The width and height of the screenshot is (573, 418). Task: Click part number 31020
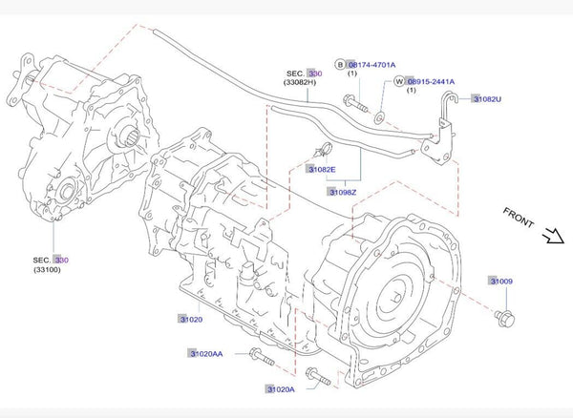coord(188,318)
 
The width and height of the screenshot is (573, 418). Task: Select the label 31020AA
coord(205,354)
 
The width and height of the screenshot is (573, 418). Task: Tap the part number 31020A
coord(280,389)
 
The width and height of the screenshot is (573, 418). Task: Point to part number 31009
coord(501,282)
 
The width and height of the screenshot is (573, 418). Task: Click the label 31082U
coord(487,98)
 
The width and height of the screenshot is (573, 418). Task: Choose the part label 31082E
coord(321,169)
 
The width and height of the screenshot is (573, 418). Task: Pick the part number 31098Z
coord(343,192)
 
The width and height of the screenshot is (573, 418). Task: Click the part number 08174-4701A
coord(371,64)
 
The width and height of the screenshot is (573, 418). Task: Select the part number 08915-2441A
coord(430,82)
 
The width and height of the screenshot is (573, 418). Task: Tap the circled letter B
coord(339,64)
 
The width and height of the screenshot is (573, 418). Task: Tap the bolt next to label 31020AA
coord(258,358)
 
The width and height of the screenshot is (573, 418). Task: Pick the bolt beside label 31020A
coord(320,380)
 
